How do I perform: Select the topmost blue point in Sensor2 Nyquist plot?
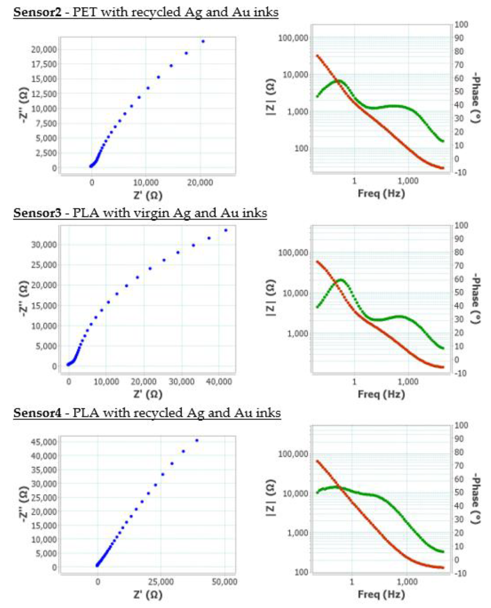click(203, 41)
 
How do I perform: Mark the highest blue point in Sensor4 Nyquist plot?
click(197, 440)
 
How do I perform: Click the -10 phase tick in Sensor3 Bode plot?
click(460, 373)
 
